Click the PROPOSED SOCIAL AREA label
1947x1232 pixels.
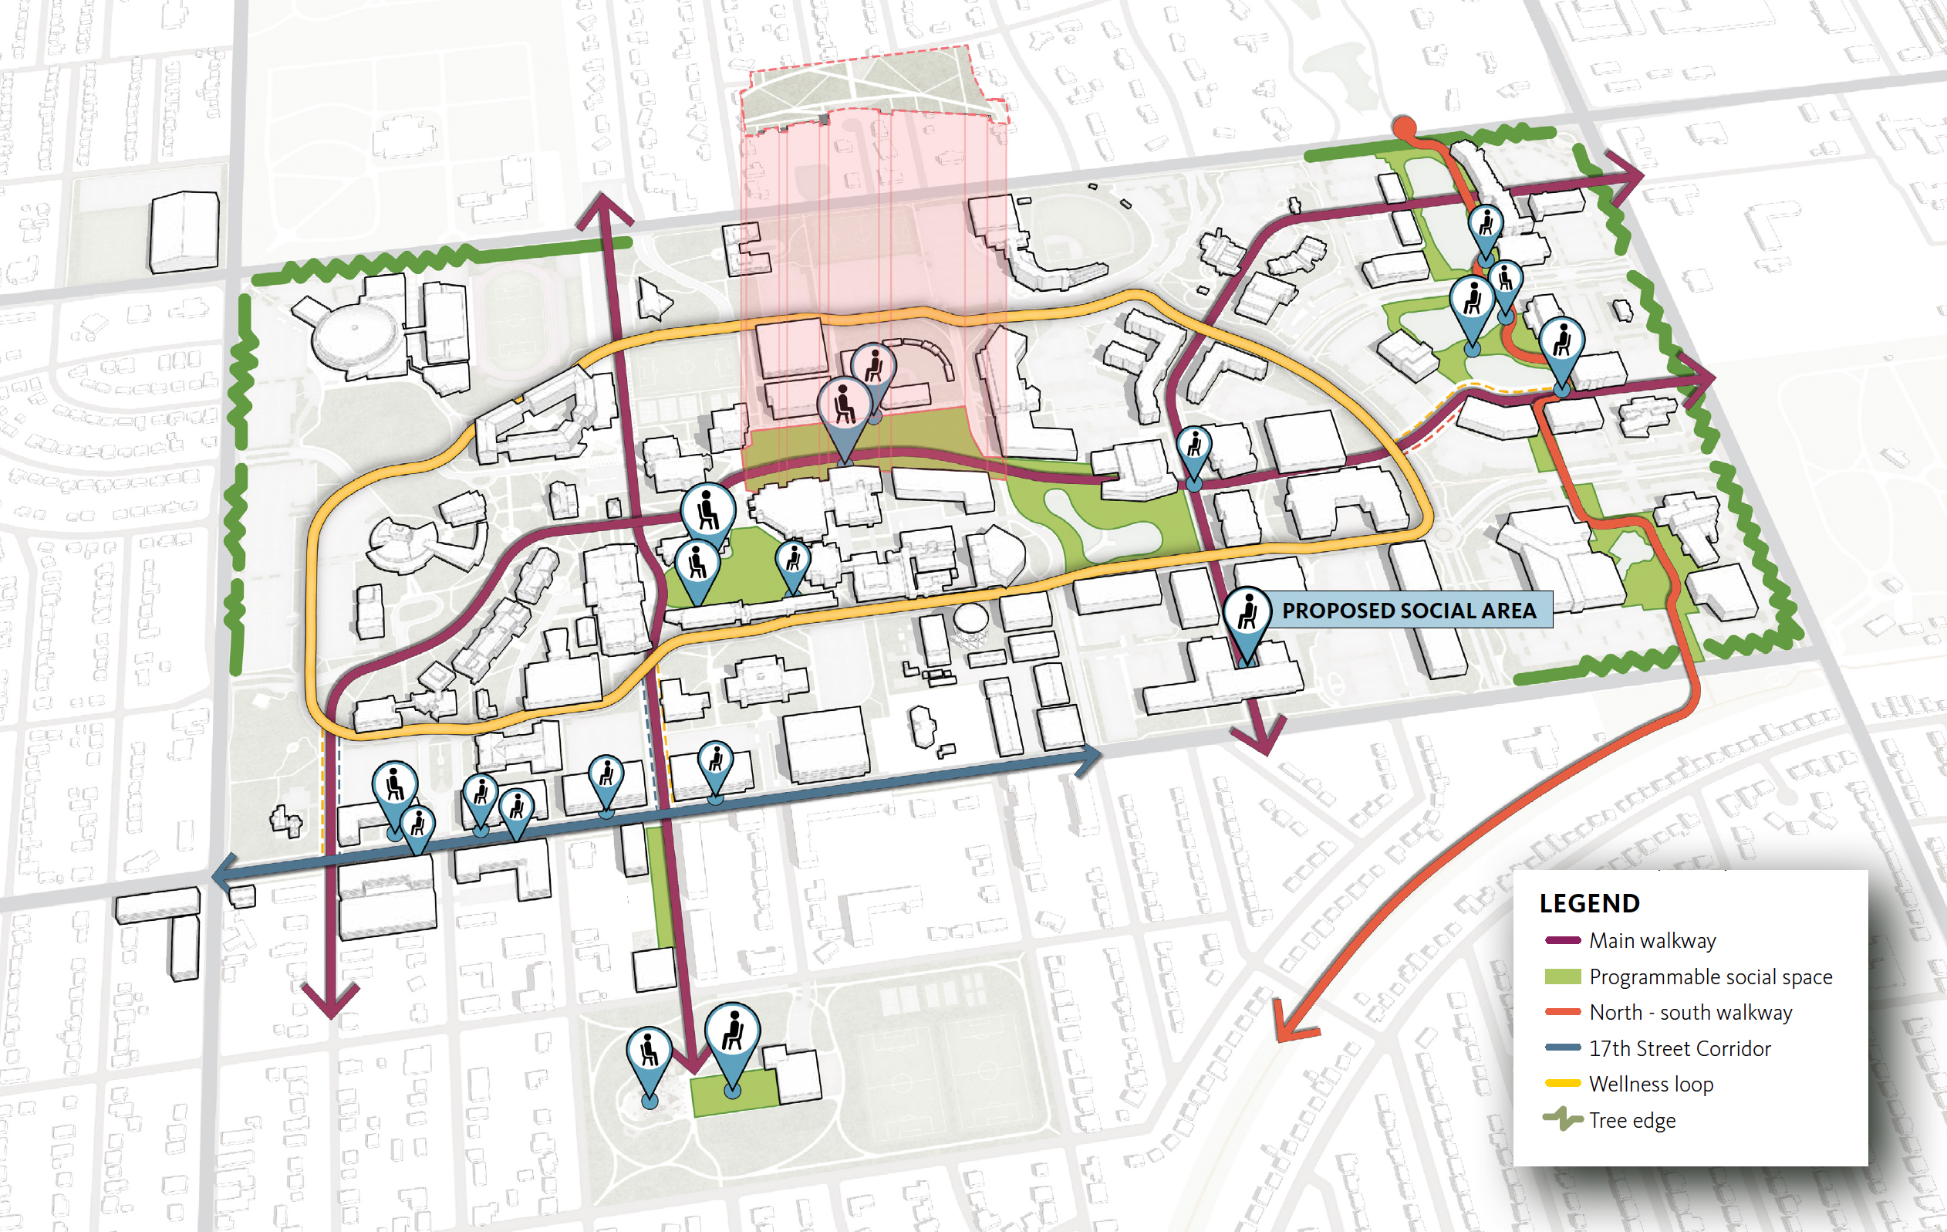1409,611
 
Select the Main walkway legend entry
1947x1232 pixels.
1651,941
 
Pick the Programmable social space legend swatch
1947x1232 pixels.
1562,976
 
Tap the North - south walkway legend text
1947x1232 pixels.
1690,1013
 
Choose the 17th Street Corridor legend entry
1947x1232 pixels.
1679,1048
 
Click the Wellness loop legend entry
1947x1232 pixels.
1650,1084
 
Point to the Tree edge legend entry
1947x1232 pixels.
1631,1120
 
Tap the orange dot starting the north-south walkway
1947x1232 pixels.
1405,127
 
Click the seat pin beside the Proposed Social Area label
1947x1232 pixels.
1247,613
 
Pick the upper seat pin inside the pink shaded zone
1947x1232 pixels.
873,367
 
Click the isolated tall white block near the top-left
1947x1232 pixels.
184,231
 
